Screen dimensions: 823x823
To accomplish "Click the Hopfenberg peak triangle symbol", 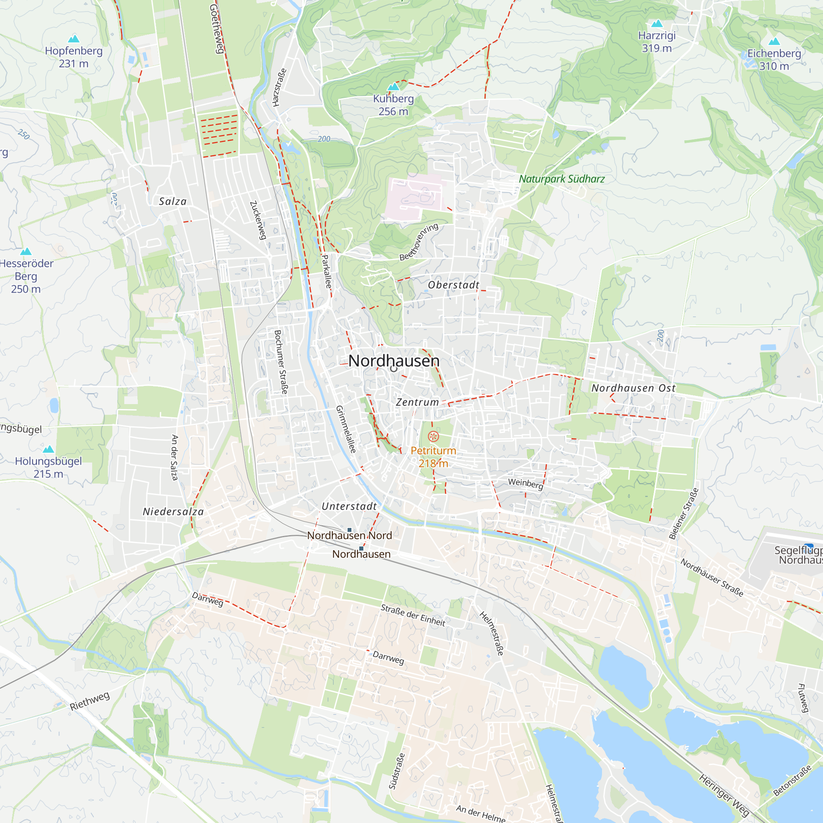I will pyautogui.click(x=74, y=39).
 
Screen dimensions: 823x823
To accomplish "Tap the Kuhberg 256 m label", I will pyautogui.click(x=393, y=105).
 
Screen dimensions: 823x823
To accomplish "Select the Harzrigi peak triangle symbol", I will pyautogui.click(x=657, y=23).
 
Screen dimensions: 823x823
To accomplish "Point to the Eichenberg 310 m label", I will pyautogui.click(x=774, y=60).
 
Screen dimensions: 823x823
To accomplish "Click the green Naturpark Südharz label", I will pyautogui.click(x=561, y=179).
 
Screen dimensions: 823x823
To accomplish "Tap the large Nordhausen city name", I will pyautogui.click(x=394, y=361).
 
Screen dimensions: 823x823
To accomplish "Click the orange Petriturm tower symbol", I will pyautogui.click(x=433, y=436).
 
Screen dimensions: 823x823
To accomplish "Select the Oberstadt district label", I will pyautogui.click(x=453, y=285).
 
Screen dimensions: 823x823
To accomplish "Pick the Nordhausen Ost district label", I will pyautogui.click(x=633, y=388).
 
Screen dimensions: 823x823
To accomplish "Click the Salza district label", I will pyautogui.click(x=172, y=202).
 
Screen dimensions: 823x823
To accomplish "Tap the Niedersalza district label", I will pyautogui.click(x=173, y=511).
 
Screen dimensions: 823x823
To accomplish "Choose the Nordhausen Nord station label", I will pyautogui.click(x=349, y=535).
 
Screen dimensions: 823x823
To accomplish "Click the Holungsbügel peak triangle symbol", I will pyautogui.click(x=49, y=449).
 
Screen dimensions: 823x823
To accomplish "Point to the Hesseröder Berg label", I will pyautogui.click(x=26, y=276).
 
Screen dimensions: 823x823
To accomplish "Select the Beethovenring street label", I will pyautogui.click(x=419, y=242).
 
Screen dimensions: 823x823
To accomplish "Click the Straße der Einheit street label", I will pyautogui.click(x=413, y=615).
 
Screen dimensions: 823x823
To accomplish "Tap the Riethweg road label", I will pyautogui.click(x=89, y=701).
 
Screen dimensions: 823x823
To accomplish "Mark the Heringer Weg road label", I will pyautogui.click(x=724, y=795).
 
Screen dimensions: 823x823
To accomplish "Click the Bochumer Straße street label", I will pyautogui.click(x=281, y=362).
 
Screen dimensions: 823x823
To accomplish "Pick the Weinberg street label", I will pyautogui.click(x=525, y=484).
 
